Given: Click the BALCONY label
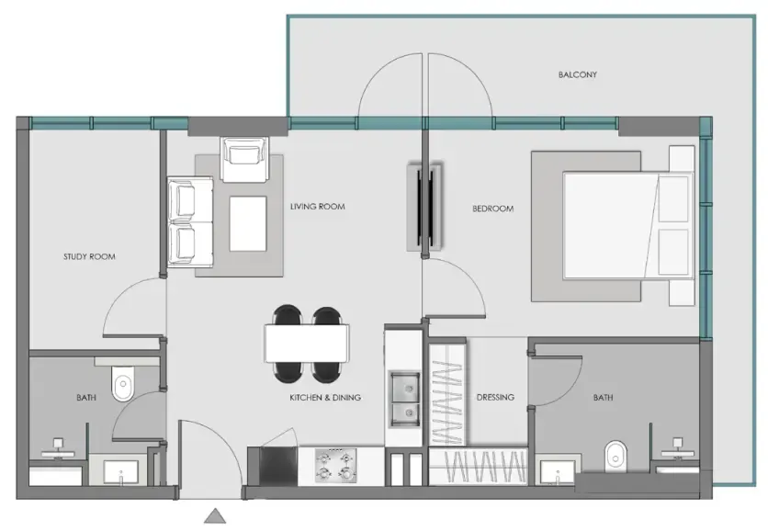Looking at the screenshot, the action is (x=578, y=75).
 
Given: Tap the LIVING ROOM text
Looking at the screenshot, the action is (x=317, y=207).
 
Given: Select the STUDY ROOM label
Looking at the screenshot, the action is (x=89, y=256).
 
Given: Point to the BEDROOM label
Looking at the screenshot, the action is (x=492, y=209).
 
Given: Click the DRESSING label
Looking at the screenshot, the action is (x=495, y=397).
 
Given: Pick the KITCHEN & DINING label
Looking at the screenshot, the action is (x=325, y=398).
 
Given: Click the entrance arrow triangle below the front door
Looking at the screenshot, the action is (x=215, y=515).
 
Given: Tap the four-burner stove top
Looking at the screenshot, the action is (x=335, y=466).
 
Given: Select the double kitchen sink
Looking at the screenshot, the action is (x=404, y=399).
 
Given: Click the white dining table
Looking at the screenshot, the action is (x=307, y=344).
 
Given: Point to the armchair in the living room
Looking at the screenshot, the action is (x=244, y=159).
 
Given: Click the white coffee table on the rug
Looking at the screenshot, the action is (x=248, y=224).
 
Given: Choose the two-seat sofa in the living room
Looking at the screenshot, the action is (x=190, y=222).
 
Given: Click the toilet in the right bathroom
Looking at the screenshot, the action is (x=616, y=457).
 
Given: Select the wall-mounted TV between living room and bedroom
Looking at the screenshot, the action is (x=425, y=208).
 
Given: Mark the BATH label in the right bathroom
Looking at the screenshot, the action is (x=603, y=398).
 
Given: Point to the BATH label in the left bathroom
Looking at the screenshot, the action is (x=86, y=398).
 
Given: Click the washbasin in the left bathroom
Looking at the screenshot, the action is (x=120, y=472).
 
